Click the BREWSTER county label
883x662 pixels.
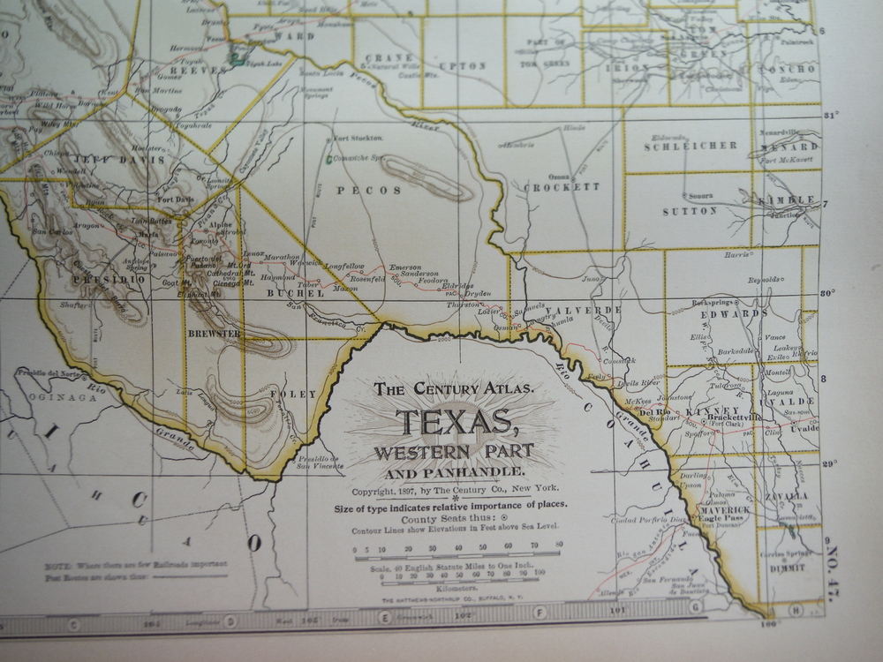coord(214,334)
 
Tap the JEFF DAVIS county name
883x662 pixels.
coord(106,160)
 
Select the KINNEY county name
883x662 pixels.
coord(716,411)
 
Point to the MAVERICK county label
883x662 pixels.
coord(724,510)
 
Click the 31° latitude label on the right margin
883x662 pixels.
coord(831,116)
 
